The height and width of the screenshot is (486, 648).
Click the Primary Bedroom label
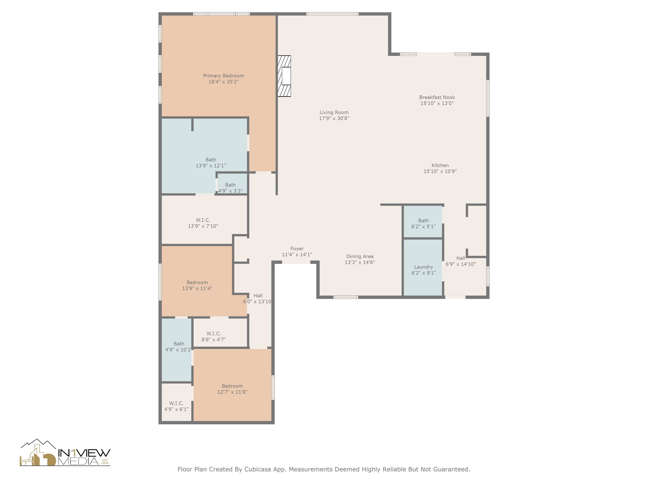(223, 76)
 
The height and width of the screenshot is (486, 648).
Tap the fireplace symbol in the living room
(284, 76)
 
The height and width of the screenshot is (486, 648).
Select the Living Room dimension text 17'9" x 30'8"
(334, 118)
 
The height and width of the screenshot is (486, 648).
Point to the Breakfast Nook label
(437, 97)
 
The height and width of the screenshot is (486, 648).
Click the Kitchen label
(440, 165)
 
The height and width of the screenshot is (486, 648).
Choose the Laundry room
(423, 267)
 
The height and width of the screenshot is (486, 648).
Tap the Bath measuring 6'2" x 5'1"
(423, 221)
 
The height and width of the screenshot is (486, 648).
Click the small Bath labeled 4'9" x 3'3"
(232, 184)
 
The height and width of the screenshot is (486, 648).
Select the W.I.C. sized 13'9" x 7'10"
(204, 220)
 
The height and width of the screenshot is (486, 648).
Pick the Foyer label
(297, 249)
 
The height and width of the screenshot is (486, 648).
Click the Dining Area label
(360, 256)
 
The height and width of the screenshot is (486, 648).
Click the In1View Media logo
(65, 452)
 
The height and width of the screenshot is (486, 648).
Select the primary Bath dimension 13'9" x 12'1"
(211, 165)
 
